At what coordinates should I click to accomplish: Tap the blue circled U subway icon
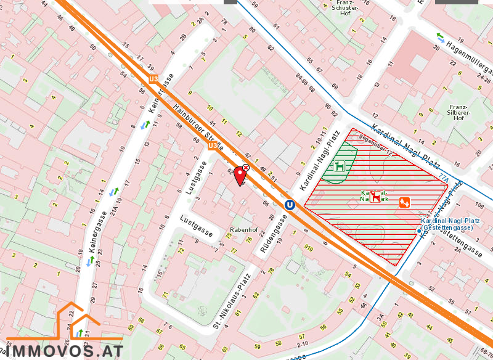(289, 205)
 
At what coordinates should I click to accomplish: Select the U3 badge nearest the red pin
(213, 146)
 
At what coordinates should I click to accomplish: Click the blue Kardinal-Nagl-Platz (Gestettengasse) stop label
(446, 224)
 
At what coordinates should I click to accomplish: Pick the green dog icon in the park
(339, 166)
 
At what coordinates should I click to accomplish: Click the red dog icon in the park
(375, 196)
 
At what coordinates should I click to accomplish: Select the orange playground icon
(405, 202)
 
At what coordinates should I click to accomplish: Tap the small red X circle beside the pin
(246, 167)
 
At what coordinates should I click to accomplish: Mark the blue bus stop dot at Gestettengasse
(419, 231)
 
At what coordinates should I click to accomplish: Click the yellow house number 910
(308, 248)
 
